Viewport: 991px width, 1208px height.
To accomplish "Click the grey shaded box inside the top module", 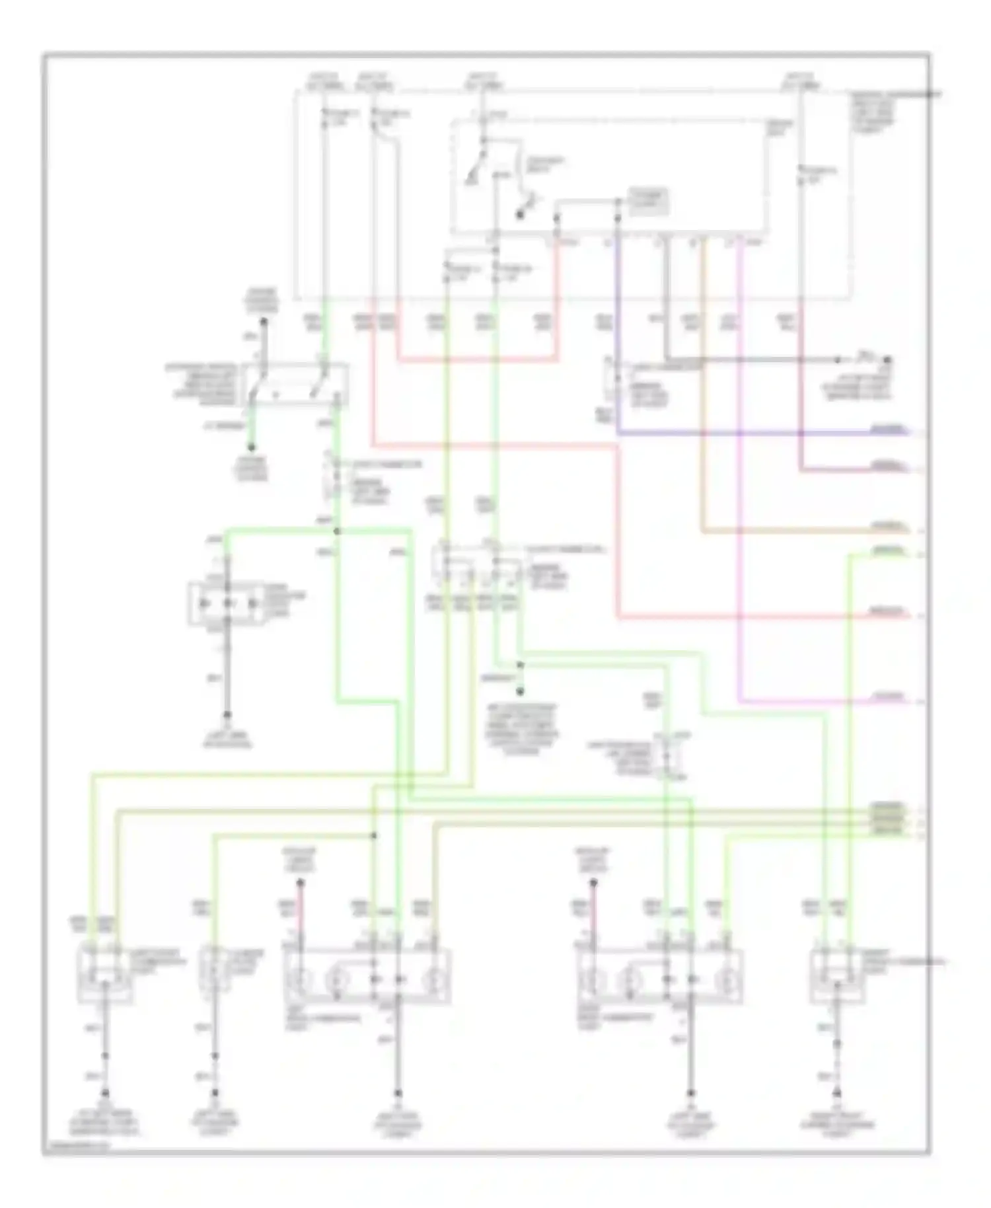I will pos(647,202).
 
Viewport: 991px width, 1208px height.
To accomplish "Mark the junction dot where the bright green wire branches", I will pos(336,531).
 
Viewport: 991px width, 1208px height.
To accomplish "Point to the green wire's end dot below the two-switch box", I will pos(251,447).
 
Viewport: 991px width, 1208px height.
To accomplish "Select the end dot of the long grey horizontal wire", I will pos(887,360).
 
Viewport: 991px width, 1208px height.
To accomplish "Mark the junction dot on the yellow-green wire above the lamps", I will pos(373,835).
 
